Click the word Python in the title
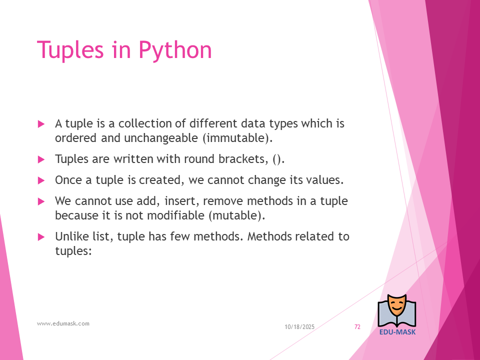pos(175,50)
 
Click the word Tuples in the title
pos(70,50)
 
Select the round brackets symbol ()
pos(278,159)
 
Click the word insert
pos(182,201)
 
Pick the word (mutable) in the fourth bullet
pos(237,215)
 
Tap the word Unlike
pos(71,236)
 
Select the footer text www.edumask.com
pos(63,323)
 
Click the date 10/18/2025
pos(299,327)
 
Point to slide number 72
pos(357,327)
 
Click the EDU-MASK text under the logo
pos(397,332)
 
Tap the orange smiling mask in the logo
pos(397,305)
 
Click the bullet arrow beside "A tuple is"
pos(41,124)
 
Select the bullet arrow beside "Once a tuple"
pos(41,180)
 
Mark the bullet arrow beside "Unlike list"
pos(41,237)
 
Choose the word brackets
pos(243,159)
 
